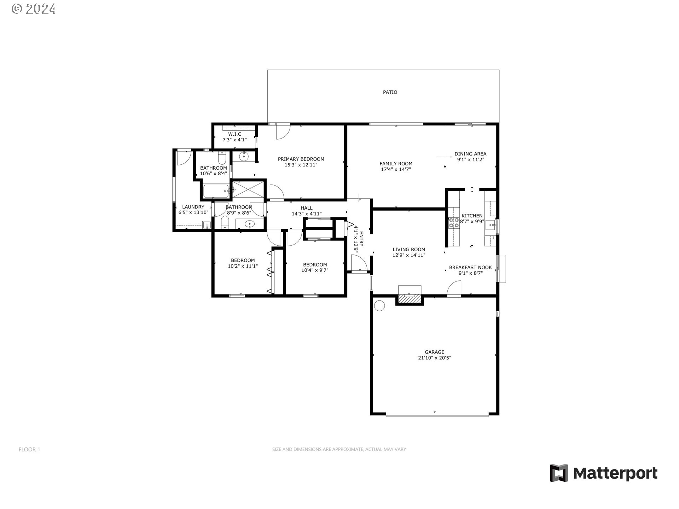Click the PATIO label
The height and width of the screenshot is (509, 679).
[390, 92]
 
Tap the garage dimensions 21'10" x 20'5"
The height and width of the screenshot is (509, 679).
[434, 358]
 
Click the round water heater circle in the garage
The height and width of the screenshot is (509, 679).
[379, 306]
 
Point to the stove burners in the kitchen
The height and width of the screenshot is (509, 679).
[454, 222]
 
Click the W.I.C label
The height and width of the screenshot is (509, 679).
[234, 134]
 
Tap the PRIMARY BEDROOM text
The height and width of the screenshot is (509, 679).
[301, 159]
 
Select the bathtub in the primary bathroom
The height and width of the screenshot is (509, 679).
[216, 191]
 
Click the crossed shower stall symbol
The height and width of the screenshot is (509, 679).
[248, 189]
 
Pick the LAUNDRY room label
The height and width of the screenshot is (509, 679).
[193, 207]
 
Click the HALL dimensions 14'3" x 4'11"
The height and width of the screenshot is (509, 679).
[307, 214]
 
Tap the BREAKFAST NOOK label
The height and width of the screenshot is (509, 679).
[470, 268]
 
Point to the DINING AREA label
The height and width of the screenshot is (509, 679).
[470, 154]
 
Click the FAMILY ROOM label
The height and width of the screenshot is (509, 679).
[396, 164]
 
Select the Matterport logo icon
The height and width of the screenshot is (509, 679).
[559, 473]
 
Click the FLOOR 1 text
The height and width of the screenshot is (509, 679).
[29, 449]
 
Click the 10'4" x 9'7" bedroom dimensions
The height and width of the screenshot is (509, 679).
[315, 270]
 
